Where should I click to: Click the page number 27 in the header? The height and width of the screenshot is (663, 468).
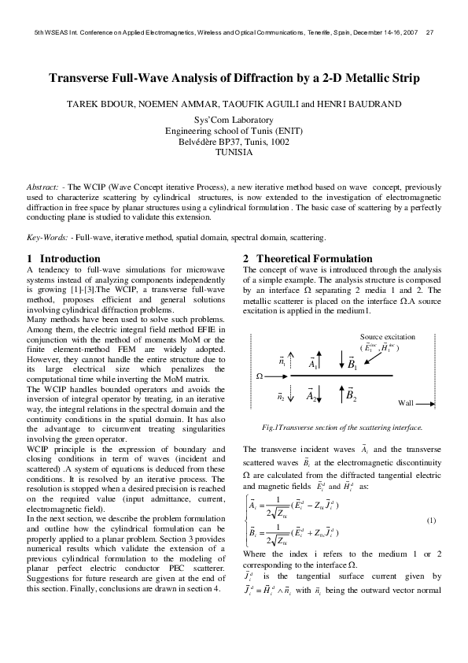pyautogui.click(x=429, y=32)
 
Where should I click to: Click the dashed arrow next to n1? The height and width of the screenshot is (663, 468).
pyautogui.click(x=293, y=364)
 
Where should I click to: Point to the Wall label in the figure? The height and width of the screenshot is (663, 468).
pyautogui.click(x=405, y=402)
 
